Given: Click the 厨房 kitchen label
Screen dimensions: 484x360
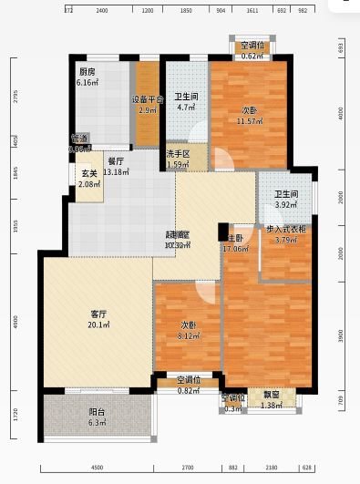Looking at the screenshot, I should [x=87, y=72].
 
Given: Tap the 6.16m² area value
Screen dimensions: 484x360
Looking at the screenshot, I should [x=87, y=83].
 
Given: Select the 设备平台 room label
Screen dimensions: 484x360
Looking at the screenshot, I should [x=148, y=99].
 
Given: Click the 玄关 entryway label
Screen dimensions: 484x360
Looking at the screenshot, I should [x=89, y=174].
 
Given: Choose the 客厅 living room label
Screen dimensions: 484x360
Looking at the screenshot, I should [x=99, y=314].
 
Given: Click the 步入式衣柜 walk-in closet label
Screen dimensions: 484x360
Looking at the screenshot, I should [x=285, y=230].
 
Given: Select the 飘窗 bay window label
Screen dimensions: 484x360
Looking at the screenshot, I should [x=272, y=396].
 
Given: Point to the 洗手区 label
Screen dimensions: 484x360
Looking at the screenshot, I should [x=178, y=154].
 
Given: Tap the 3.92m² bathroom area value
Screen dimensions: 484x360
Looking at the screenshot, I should [x=287, y=204].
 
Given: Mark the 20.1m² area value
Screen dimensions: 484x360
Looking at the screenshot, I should [x=99, y=325].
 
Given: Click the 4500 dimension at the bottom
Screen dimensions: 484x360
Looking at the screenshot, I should [x=97, y=468].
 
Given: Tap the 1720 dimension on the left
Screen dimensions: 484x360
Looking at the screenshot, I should [x=13, y=417].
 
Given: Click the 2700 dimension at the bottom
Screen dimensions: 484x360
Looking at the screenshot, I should [x=187, y=468].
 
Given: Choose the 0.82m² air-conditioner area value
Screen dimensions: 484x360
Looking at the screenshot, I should [x=189, y=390].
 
